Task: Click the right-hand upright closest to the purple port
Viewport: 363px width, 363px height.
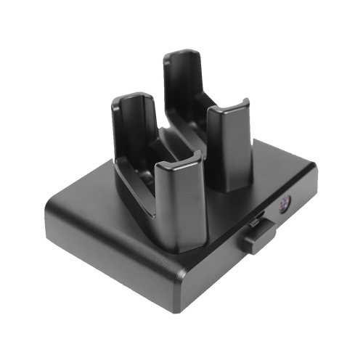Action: [231, 149]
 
